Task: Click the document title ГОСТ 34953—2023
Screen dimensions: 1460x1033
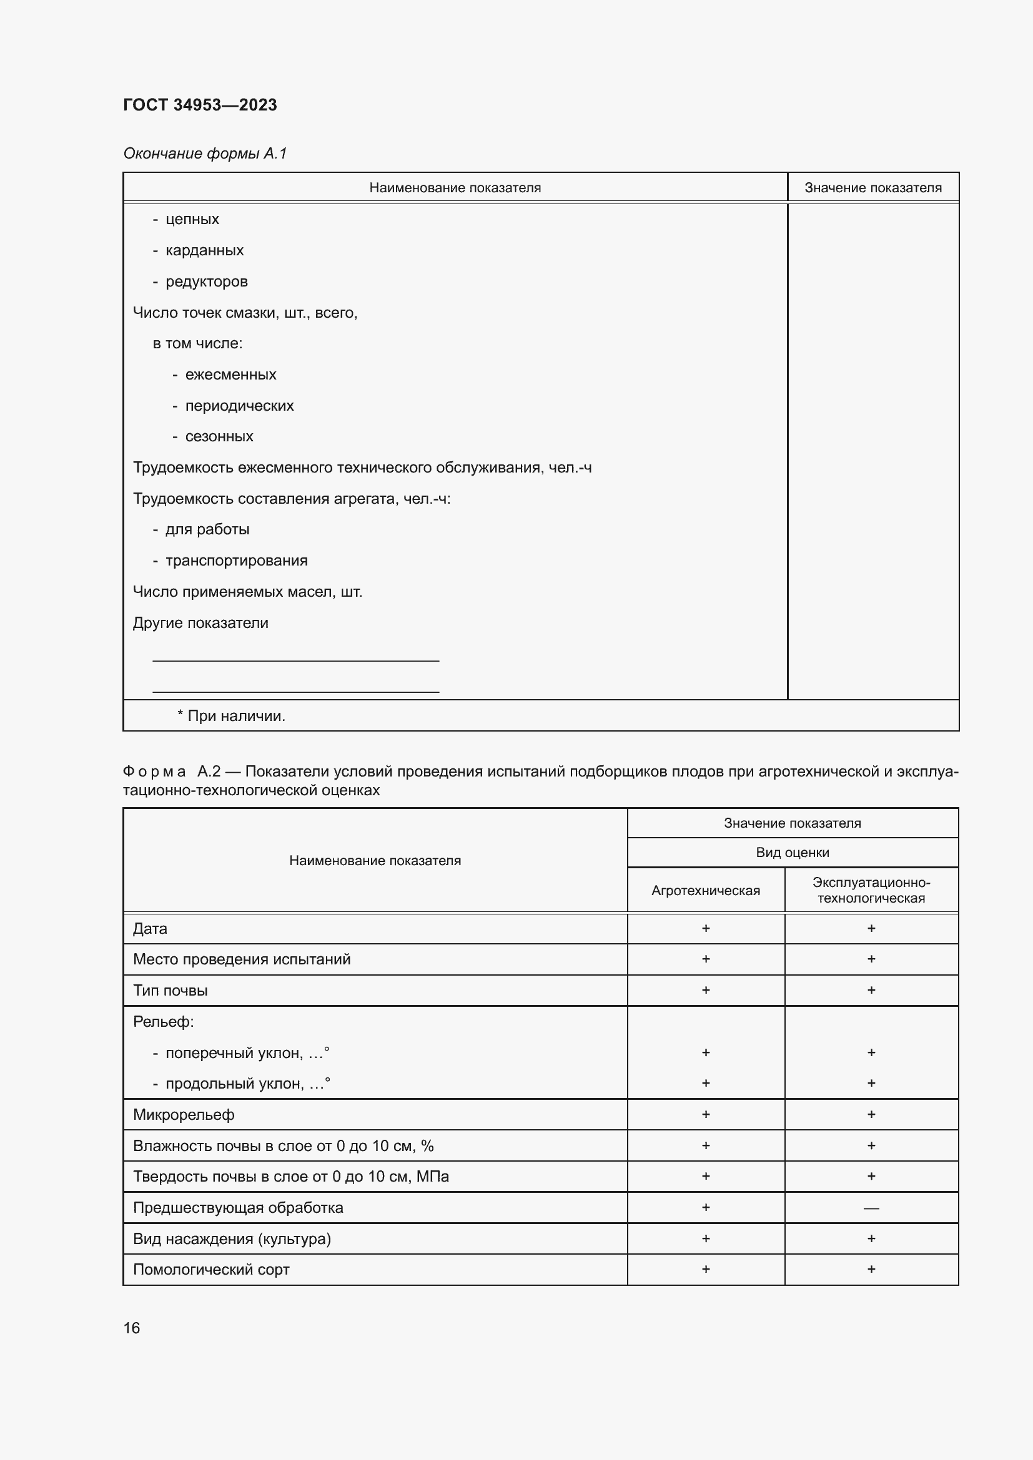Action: [x=200, y=105]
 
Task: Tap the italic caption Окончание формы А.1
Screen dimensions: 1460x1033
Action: [x=205, y=154]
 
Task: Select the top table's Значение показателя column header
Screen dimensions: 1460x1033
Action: [x=872, y=188]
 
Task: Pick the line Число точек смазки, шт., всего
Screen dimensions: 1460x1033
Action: [x=245, y=313]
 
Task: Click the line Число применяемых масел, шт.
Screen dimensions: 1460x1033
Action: [x=247, y=592]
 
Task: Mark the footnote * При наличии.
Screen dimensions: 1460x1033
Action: [x=231, y=716]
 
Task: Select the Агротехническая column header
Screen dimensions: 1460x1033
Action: [x=705, y=890]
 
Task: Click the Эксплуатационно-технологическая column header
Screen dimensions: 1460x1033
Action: [x=871, y=890]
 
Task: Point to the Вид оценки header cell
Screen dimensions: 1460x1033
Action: [x=792, y=853]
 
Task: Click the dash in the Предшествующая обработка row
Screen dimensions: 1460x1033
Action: [x=871, y=1208]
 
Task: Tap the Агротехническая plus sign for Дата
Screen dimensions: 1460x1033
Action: [x=705, y=928]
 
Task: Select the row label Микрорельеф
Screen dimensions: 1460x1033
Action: [x=184, y=1115]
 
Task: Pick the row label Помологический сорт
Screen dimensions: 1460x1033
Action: [x=211, y=1270]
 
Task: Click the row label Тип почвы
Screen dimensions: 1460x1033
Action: [x=170, y=991]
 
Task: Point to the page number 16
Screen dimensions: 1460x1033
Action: [x=132, y=1328]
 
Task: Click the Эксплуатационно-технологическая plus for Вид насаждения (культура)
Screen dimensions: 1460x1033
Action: [x=871, y=1238]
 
